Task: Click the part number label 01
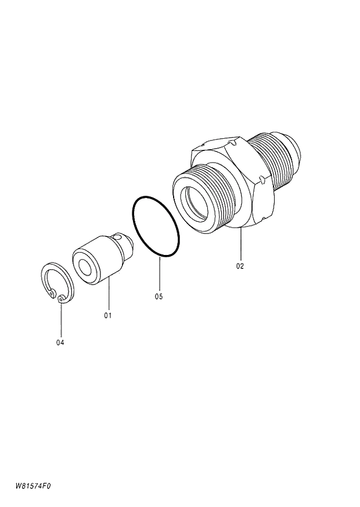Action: (107, 315)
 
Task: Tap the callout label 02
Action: (240, 266)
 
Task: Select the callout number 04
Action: (60, 342)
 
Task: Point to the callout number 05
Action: (159, 296)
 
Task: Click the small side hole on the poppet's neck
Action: (118, 236)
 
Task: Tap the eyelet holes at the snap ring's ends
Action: (62, 299)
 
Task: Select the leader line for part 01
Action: (107, 296)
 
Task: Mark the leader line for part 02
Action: (240, 244)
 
